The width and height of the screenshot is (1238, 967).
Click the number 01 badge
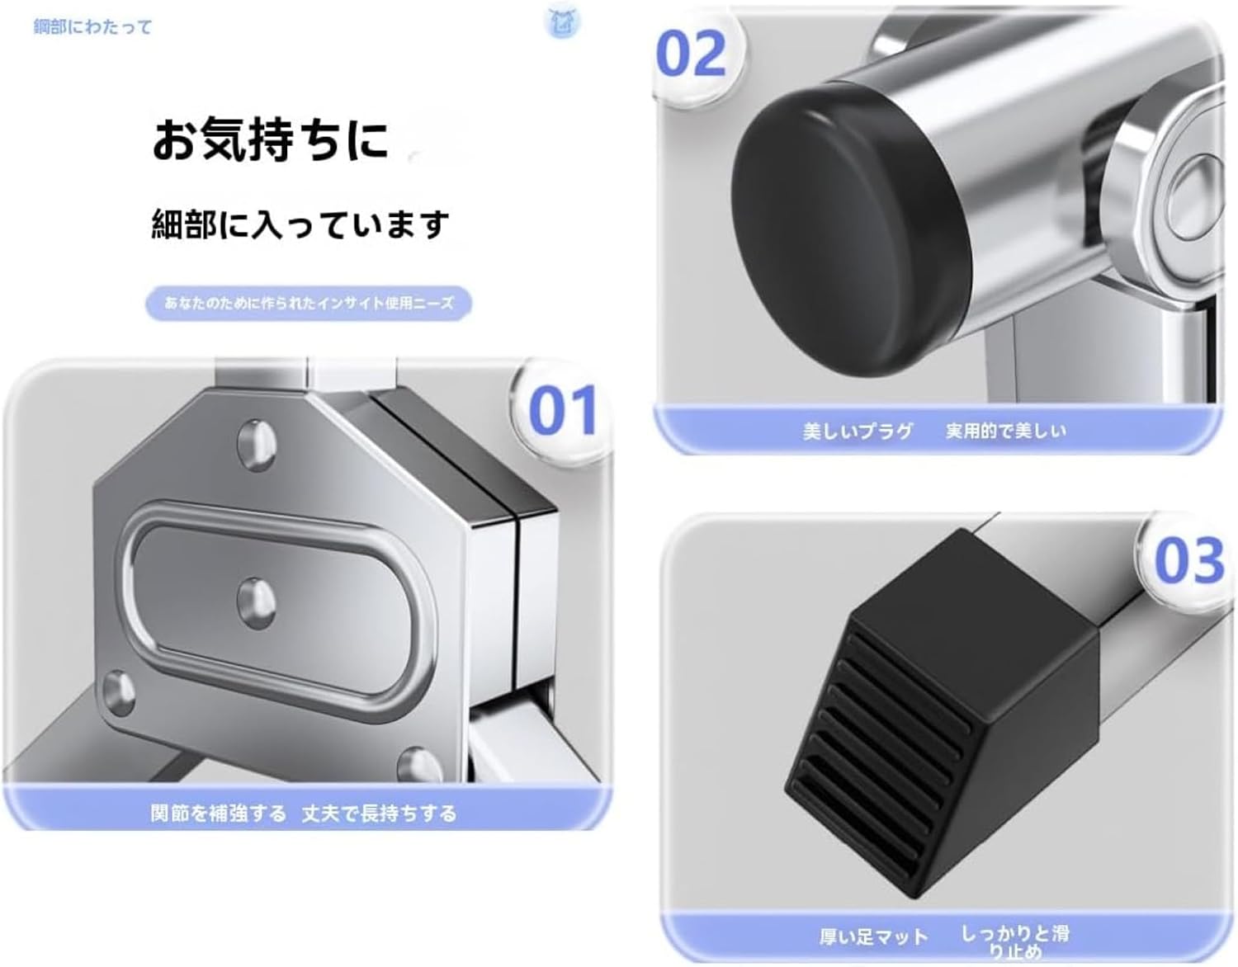click(x=562, y=410)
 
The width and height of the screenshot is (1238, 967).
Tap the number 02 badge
click(x=691, y=54)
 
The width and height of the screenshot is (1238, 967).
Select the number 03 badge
click(x=1188, y=561)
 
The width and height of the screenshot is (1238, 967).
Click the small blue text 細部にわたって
click(x=93, y=26)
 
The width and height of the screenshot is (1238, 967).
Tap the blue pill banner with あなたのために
click(x=309, y=303)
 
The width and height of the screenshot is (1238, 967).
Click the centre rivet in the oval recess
click(x=256, y=603)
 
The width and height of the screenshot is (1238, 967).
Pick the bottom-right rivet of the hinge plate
click(x=419, y=767)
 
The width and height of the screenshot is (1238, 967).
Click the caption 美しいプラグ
click(x=857, y=431)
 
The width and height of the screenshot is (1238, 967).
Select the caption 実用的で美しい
click(x=1006, y=431)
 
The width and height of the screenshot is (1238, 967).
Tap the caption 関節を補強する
click(x=218, y=814)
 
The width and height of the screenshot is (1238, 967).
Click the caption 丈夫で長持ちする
click(x=380, y=814)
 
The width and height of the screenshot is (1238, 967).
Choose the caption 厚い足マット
click(x=874, y=936)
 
